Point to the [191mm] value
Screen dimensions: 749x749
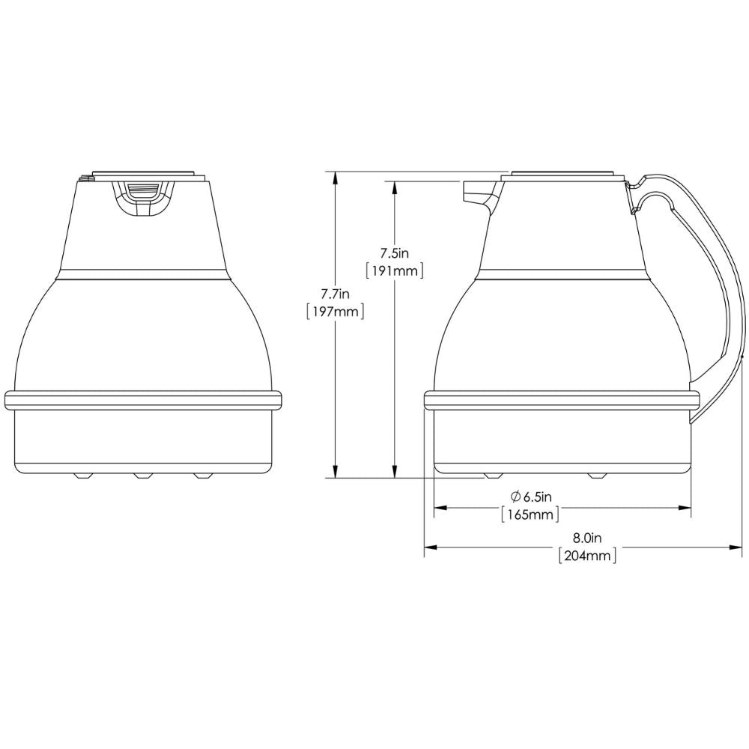coord(393,270)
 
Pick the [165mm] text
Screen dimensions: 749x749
coord(531,515)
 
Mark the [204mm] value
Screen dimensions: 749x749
coord(587,556)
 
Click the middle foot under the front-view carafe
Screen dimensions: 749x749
coord(142,475)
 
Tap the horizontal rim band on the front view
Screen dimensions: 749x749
coord(144,400)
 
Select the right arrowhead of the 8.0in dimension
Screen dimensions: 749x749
coord(729,548)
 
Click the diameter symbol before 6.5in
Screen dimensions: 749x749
coord(515,496)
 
